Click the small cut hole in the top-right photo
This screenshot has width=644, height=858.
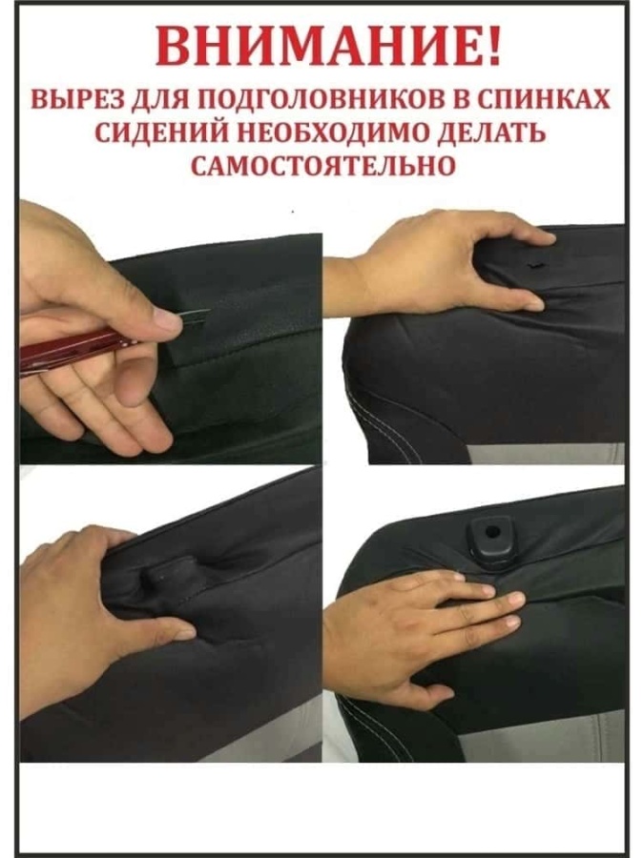pyautogui.click(x=532, y=265)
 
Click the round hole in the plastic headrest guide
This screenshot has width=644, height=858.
pyautogui.click(x=492, y=530)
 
